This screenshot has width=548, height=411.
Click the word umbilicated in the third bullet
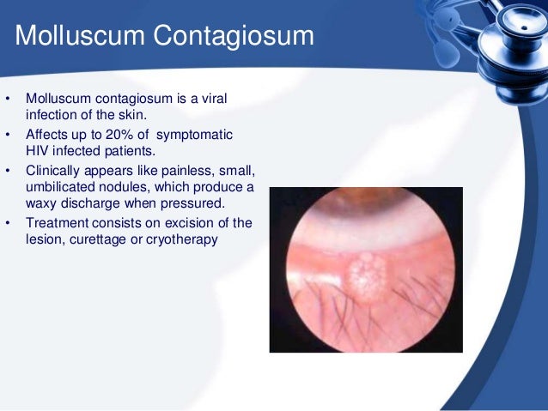[61, 186]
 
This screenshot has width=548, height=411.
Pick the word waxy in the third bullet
[40, 202]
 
